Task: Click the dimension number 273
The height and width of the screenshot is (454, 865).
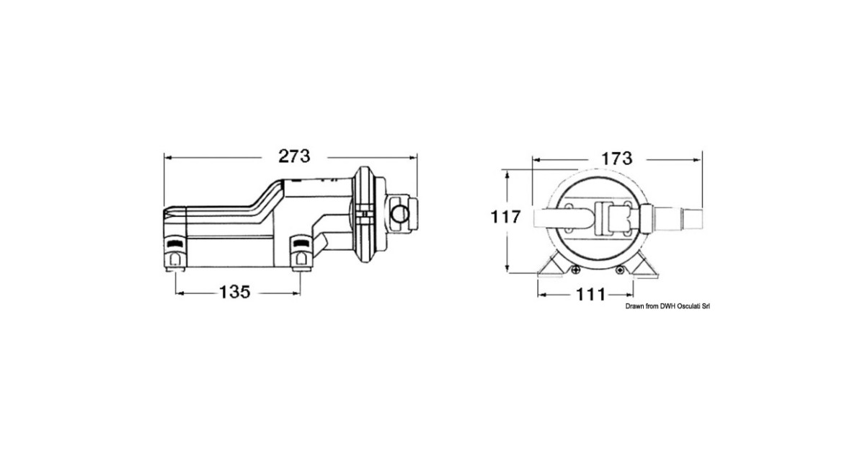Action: coord(294,156)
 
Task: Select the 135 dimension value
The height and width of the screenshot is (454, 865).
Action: coord(235,293)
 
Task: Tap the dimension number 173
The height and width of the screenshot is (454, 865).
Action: coord(617,159)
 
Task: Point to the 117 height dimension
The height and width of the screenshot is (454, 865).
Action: coord(505,217)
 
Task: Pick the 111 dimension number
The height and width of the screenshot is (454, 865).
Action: coord(590,295)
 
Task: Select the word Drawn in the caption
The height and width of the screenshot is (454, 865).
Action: coord(635,306)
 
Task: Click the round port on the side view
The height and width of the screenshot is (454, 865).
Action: coord(401,214)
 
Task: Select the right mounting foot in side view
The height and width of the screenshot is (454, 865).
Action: coord(301,253)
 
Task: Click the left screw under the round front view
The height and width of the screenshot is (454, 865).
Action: coord(576,270)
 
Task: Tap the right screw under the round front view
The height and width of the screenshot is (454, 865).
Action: coord(620,270)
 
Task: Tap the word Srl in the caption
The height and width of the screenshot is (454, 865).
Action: coord(706,306)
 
